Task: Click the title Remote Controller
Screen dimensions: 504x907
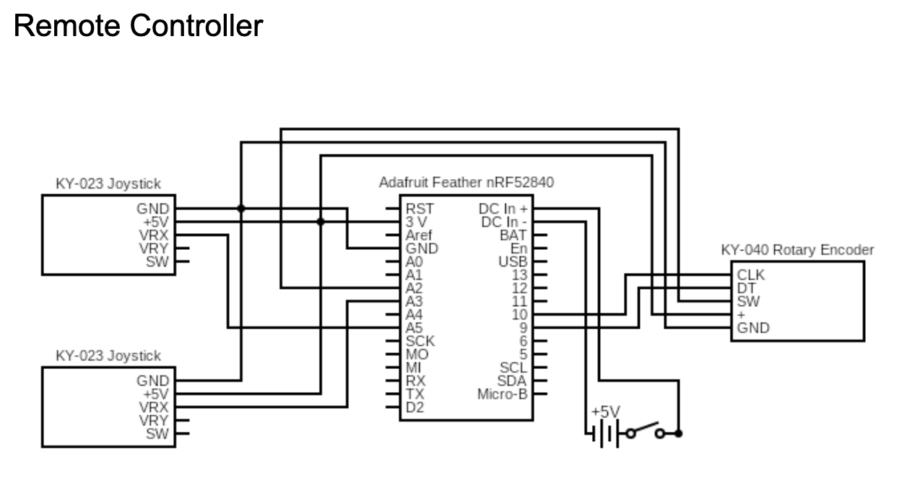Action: pos(138,27)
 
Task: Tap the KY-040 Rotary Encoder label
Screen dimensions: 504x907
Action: pos(797,250)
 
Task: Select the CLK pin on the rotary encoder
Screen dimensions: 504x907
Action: pos(750,275)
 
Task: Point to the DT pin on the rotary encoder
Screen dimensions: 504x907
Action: pos(746,288)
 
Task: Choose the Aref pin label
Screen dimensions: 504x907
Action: pos(420,235)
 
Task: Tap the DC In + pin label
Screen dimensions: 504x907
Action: pos(503,209)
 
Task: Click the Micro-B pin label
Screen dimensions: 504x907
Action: pos(503,394)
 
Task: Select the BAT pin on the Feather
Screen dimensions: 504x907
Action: pos(513,235)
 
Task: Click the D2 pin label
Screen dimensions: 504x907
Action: pos(415,408)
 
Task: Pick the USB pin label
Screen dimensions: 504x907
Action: pos(513,261)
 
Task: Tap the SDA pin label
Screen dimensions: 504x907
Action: pos(513,381)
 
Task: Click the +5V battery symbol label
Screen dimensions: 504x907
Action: pos(605,412)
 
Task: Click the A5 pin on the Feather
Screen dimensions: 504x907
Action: pos(415,329)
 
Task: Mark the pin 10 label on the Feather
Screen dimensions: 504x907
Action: pos(519,315)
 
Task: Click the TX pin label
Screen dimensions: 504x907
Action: pos(415,394)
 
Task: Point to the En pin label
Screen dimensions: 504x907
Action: pos(518,248)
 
